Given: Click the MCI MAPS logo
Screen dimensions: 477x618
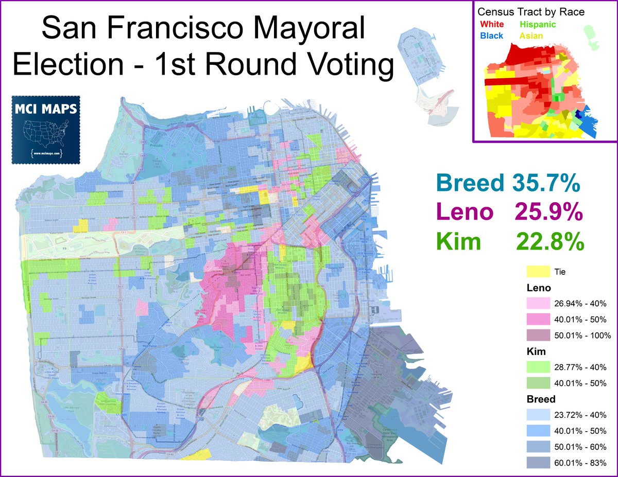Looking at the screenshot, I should tap(46, 129).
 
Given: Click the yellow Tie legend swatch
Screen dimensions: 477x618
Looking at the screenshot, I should tap(537, 271).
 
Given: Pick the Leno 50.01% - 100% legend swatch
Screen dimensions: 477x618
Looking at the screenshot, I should tap(537, 335).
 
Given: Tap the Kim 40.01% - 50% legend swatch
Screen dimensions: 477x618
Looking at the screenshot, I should tap(537, 383).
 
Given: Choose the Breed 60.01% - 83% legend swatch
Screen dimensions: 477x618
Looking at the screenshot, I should tap(537, 463).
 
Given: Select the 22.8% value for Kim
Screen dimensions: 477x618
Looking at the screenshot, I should tap(550, 241).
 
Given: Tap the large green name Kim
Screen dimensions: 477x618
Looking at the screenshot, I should tap(458, 241).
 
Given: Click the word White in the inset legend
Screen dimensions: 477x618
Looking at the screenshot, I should tap(492, 24).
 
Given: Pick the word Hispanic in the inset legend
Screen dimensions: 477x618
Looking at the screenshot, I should tap(538, 24).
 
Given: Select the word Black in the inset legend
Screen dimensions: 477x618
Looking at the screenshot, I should tap(491, 36).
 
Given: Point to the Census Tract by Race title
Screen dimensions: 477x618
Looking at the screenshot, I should tap(531, 12).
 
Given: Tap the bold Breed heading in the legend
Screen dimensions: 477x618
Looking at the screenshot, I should tap(541, 399).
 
